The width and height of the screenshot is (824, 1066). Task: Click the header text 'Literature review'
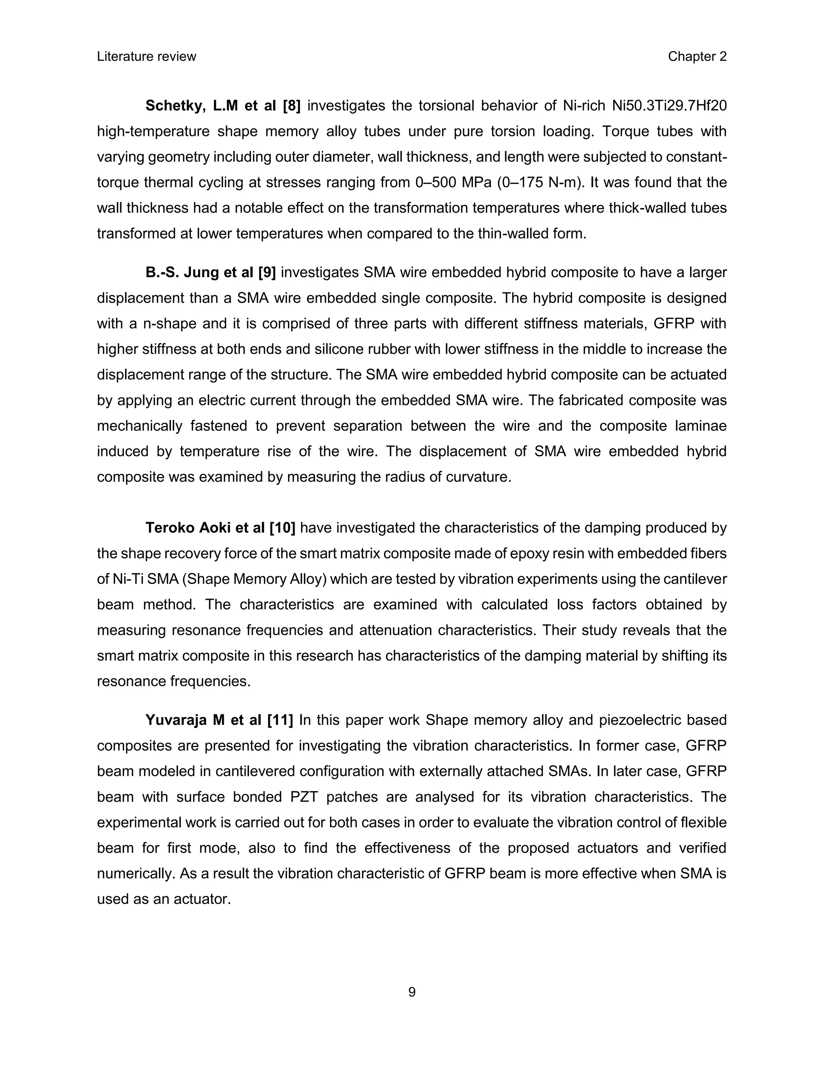click(x=146, y=57)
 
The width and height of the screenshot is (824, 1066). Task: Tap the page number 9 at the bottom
click(x=412, y=992)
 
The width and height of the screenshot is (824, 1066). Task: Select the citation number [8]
click(x=291, y=106)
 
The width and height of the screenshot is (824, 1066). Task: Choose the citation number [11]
click(x=280, y=720)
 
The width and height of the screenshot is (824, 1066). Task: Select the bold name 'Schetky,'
click(x=175, y=106)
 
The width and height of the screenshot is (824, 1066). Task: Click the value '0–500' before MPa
click(x=437, y=183)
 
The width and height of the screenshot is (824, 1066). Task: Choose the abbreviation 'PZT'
click(x=304, y=796)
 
